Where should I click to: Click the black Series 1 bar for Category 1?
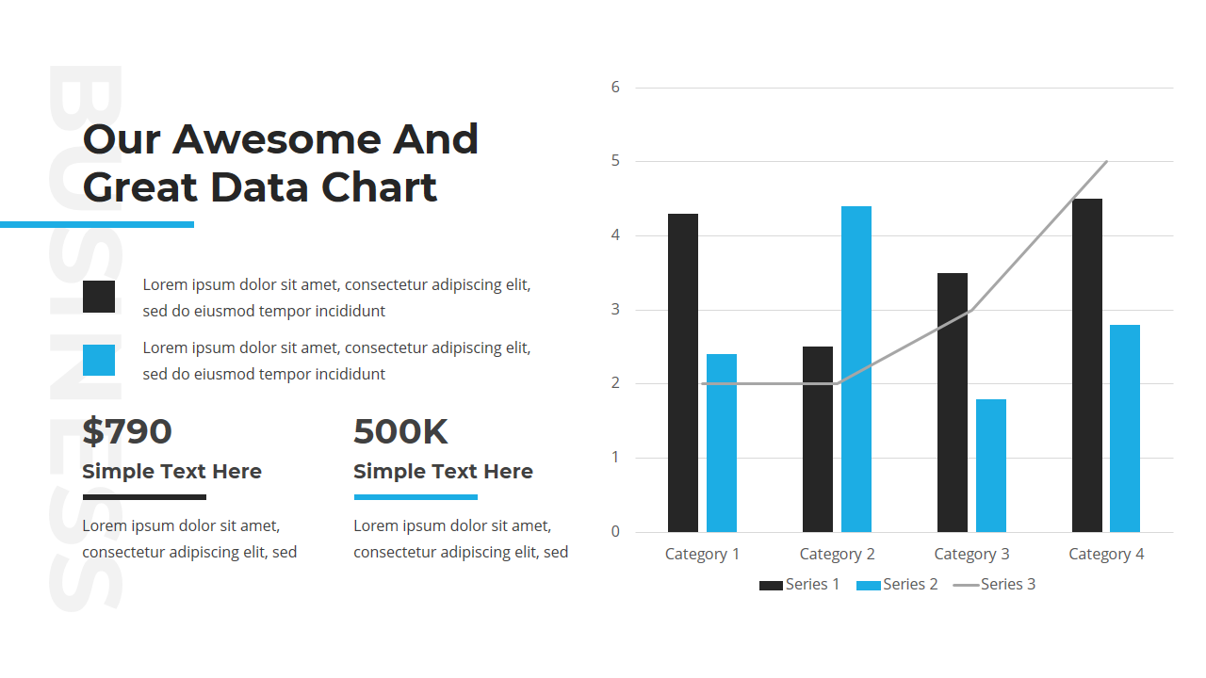[x=683, y=373]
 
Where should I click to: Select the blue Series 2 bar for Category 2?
[x=856, y=369]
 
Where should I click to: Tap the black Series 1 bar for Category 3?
[x=953, y=402]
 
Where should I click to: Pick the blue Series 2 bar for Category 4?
[x=1125, y=428]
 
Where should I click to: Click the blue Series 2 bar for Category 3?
[x=991, y=465]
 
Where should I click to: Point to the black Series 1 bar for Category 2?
[x=818, y=439]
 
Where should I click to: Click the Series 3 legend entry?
[x=994, y=585]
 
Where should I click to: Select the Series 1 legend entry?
[x=799, y=585]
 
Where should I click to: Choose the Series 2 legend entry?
[x=897, y=585]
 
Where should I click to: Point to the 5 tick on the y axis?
[x=615, y=161]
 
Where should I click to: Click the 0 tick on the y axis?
[x=615, y=532]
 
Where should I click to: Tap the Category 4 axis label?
[x=1106, y=554]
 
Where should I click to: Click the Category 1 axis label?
[x=702, y=554]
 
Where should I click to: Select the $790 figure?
[x=127, y=432]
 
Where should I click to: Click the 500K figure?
[x=400, y=432]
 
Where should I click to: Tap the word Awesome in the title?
[x=277, y=139]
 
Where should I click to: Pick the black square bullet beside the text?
[x=99, y=297]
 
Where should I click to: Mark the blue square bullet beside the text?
[x=99, y=361]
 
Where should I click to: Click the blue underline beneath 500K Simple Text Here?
[x=416, y=497]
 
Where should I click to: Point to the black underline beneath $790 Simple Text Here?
[x=144, y=497]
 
